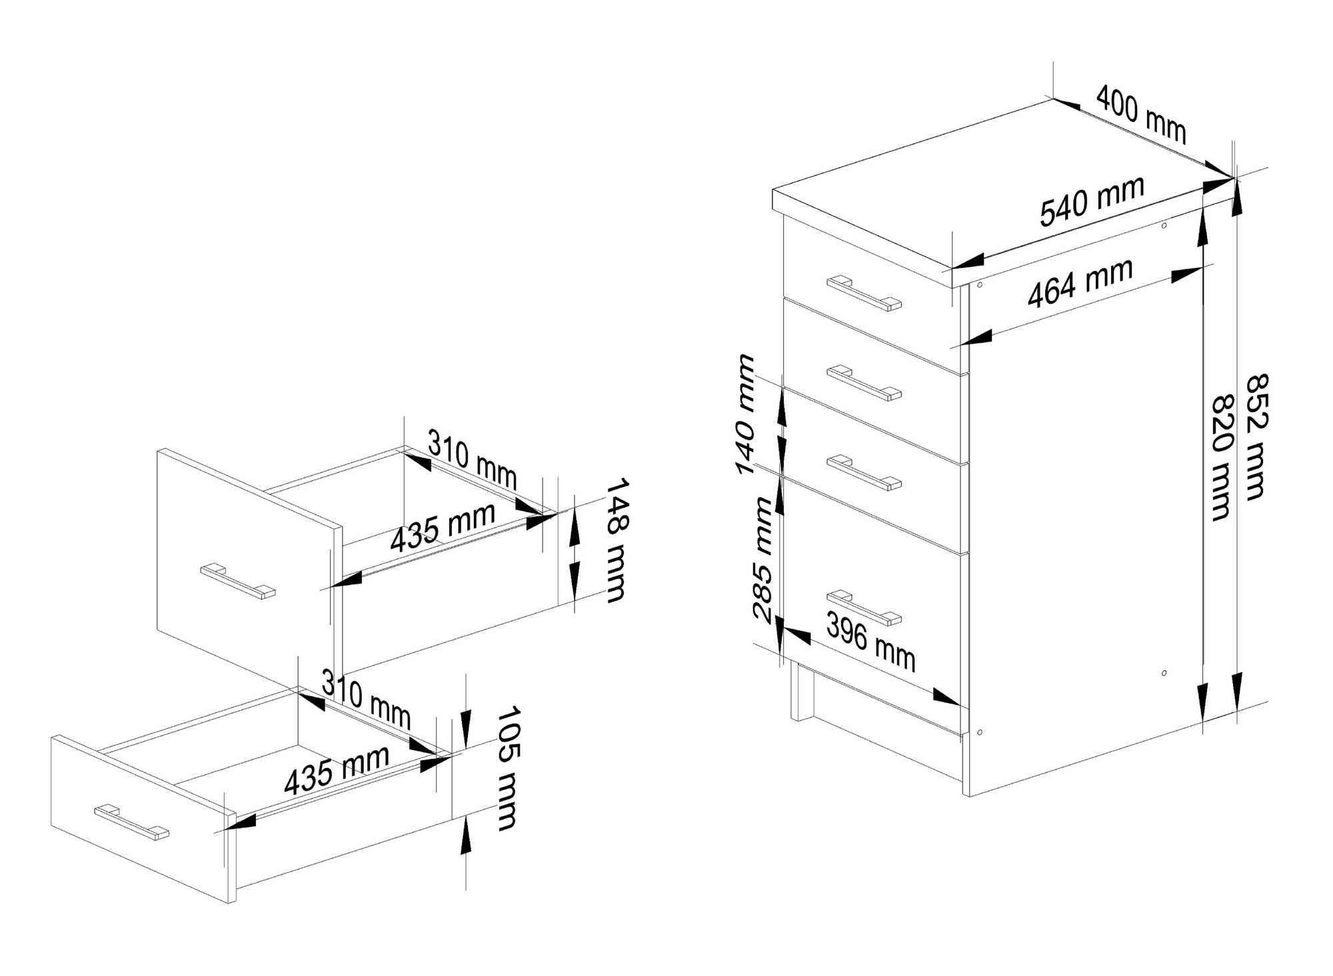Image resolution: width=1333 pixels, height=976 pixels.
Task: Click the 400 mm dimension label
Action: point(1141,113)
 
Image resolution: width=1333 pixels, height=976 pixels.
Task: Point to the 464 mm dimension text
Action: point(1080,282)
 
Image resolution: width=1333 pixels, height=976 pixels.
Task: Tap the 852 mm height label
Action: point(1256,436)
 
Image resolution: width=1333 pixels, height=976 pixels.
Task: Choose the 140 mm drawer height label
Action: point(746,414)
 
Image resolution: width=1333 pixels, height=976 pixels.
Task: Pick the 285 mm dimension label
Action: point(762,559)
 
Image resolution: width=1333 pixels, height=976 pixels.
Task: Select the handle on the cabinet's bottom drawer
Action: point(864,608)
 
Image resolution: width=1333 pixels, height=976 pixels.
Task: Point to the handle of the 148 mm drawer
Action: point(237,581)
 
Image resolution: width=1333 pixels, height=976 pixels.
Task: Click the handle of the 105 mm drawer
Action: point(131,821)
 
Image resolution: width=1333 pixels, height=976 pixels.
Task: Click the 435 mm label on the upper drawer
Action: point(443,527)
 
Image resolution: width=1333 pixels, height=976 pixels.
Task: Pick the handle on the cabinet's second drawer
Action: point(864,383)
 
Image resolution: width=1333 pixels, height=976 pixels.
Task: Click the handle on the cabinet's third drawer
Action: point(864,473)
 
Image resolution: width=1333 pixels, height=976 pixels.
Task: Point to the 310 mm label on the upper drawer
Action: point(472,460)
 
